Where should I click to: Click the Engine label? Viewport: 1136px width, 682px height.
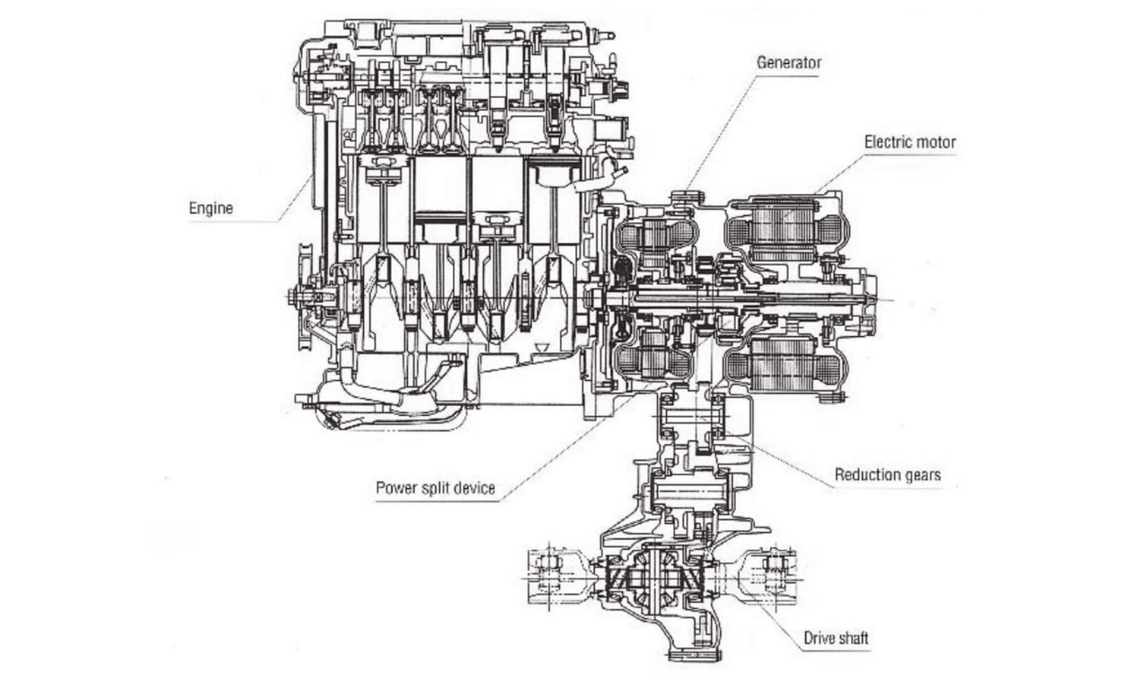point(211,208)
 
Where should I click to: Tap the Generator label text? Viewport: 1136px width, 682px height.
point(789,63)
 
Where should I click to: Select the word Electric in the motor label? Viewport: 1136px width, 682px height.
point(886,143)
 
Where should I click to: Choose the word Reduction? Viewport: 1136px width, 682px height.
point(867,475)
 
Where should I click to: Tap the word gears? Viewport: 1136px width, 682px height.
point(923,475)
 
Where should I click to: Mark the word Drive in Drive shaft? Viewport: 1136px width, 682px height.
point(819,638)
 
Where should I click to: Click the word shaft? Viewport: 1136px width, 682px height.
point(853,638)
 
